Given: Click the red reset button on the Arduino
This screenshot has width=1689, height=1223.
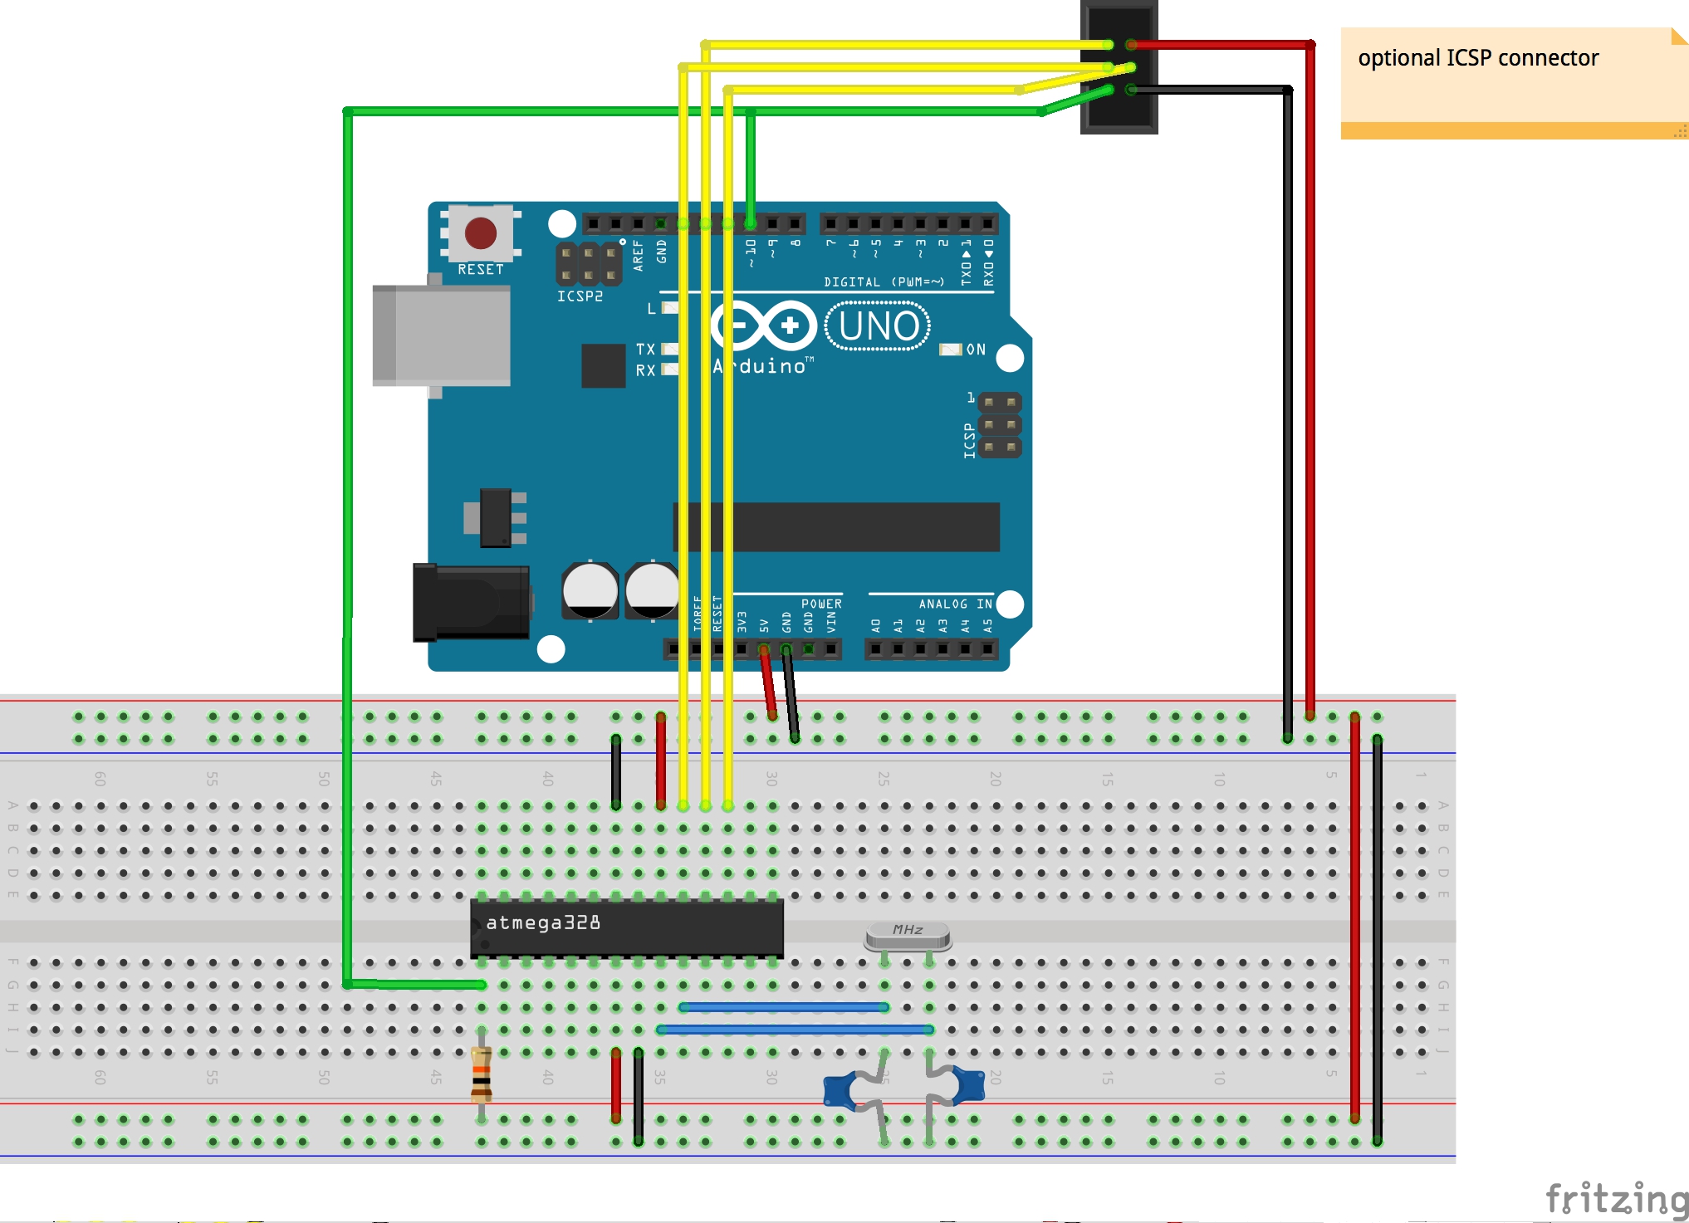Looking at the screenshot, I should click(x=481, y=233).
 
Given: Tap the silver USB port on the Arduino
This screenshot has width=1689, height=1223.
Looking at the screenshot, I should click(x=442, y=335).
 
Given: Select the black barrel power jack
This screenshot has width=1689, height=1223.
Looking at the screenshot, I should click(x=471, y=603).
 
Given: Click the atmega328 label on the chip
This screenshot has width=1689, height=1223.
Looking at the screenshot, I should click(x=543, y=922).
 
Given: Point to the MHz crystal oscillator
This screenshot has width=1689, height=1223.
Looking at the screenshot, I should click(x=908, y=936).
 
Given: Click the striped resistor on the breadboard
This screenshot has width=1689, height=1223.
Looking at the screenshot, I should click(x=481, y=1074).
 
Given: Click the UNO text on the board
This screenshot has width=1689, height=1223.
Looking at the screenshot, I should click(x=879, y=326).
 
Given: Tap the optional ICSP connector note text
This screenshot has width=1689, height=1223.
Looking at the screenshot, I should click(x=1478, y=58).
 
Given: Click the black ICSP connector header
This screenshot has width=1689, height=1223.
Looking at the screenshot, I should click(x=1119, y=66).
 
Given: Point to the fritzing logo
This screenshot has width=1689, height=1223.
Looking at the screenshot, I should click(x=1615, y=1199).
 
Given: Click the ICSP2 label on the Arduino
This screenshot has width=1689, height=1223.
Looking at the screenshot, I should click(x=580, y=296).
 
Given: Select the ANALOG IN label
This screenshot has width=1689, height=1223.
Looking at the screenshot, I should click(x=955, y=604).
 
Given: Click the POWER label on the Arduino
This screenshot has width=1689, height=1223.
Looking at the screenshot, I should click(x=821, y=604).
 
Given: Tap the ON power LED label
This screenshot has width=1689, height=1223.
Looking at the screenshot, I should click(x=976, y=350).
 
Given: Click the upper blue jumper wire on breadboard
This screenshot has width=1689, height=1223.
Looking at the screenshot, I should click(x=784, y=1007).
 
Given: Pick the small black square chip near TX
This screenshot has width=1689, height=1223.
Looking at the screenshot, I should click(x=603, y=365).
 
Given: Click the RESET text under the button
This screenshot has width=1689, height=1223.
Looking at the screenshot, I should click(x=481, y=270).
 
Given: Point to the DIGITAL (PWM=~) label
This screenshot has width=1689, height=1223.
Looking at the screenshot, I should click(x=884, y=282).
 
